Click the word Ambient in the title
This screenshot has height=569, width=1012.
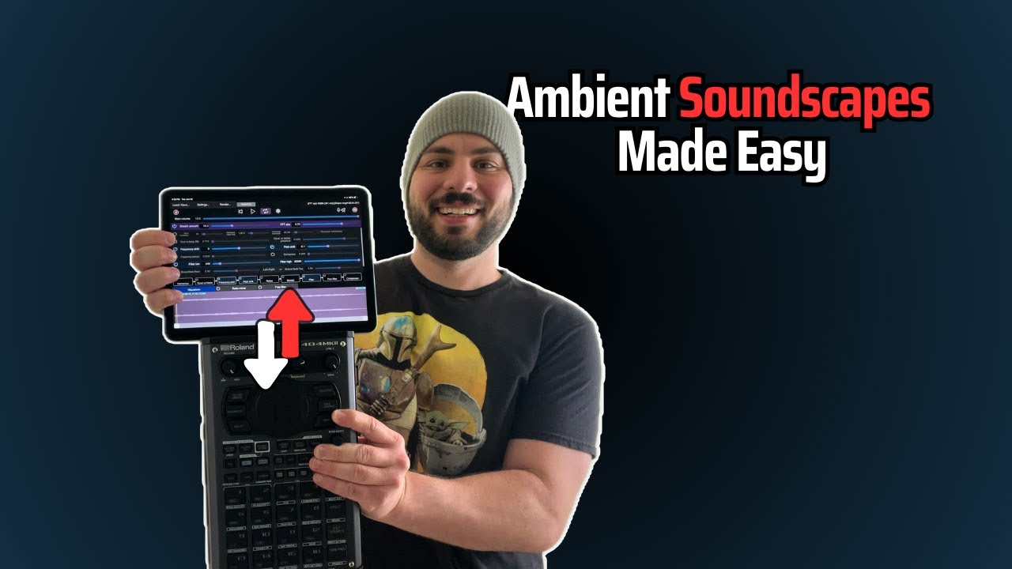point(587,101)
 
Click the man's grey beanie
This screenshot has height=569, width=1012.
point(462,138)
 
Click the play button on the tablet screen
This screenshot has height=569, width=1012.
point(253,211)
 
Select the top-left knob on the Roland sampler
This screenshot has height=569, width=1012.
point(230,366)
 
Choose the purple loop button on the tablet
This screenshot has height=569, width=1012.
point(266,211)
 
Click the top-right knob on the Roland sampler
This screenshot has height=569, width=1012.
point(333,364)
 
